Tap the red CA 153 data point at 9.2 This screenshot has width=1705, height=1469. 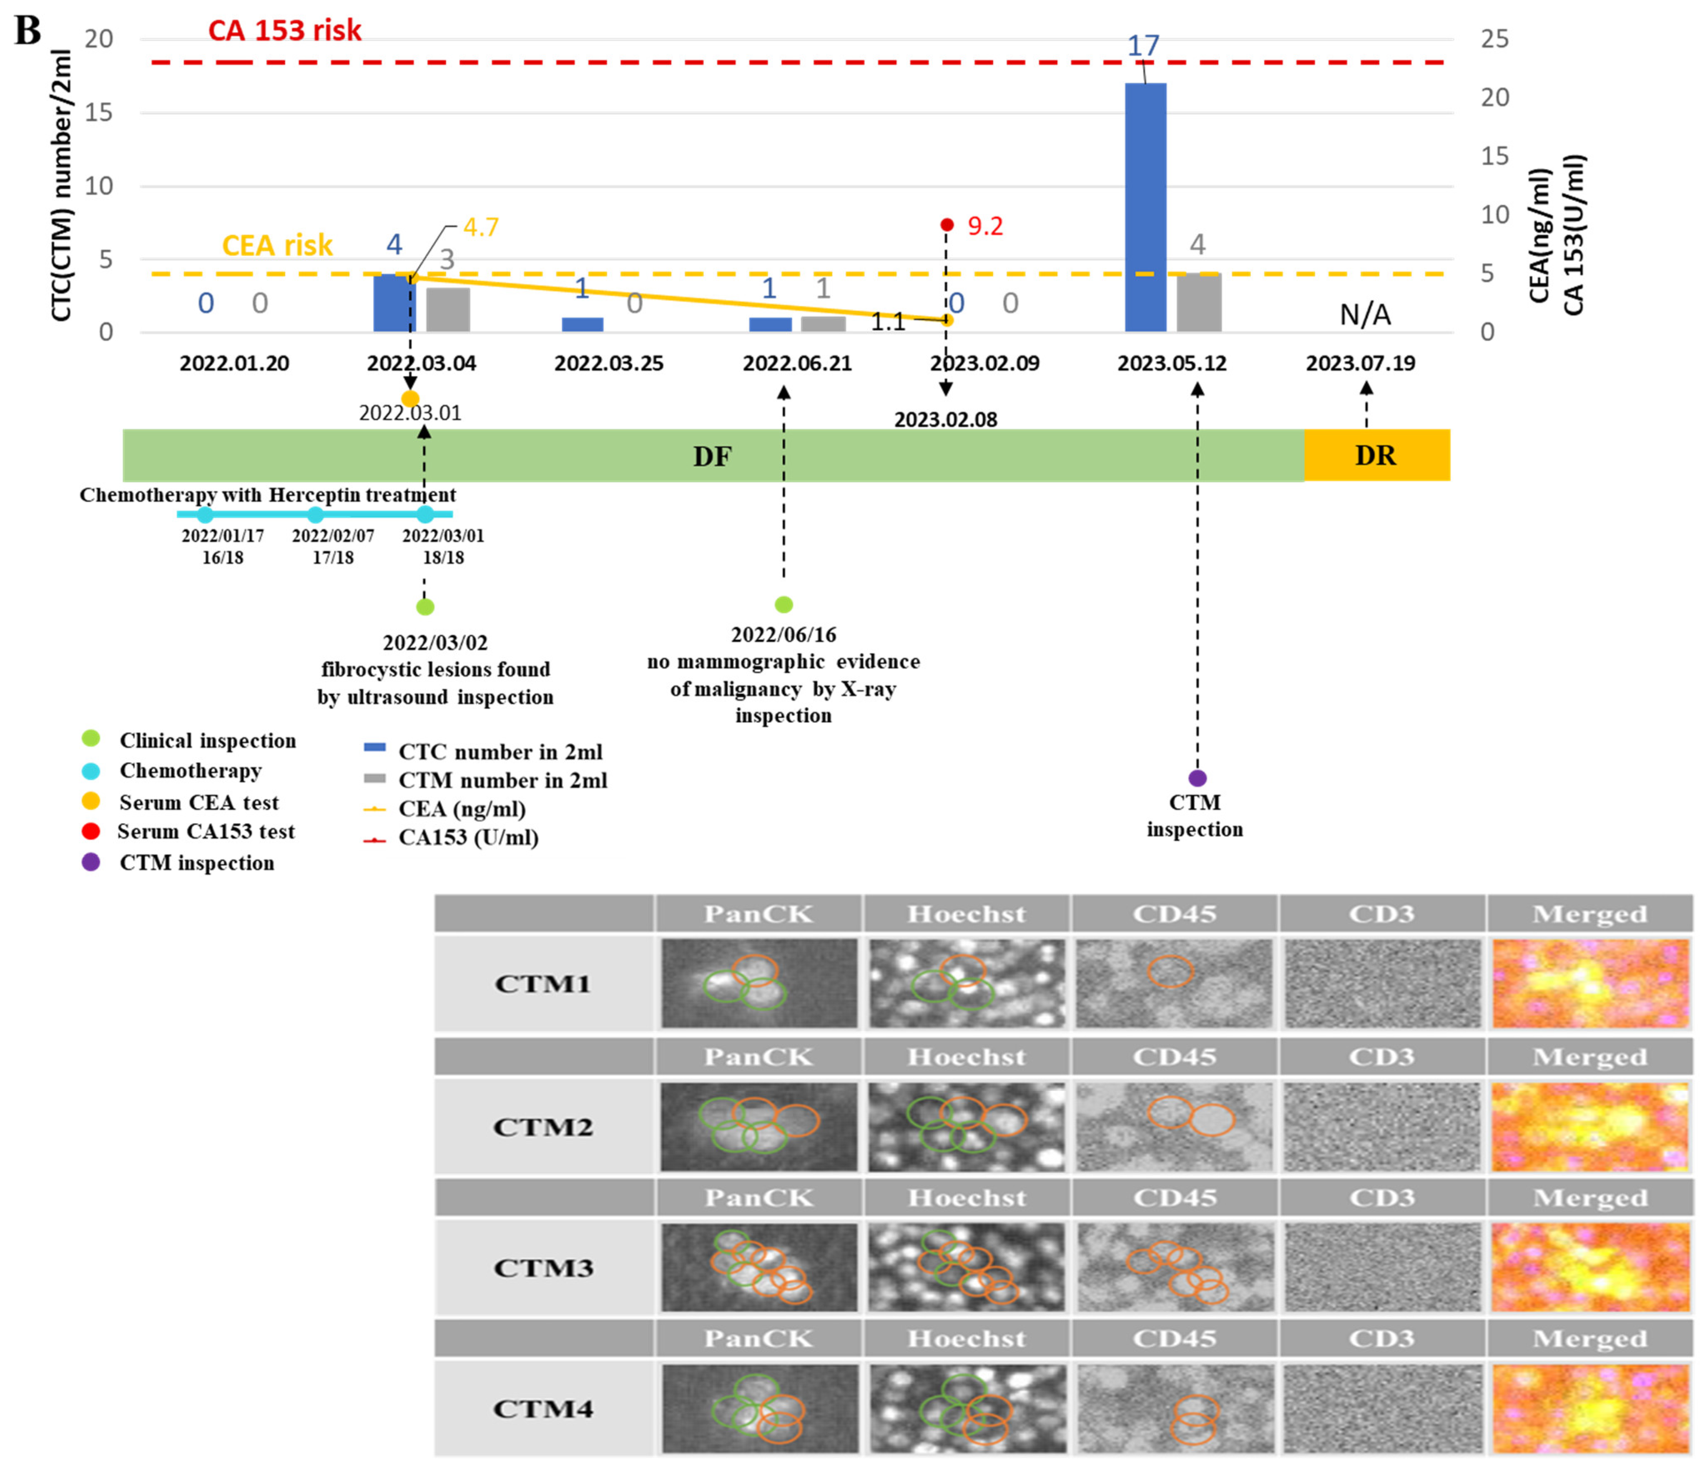(947, 225)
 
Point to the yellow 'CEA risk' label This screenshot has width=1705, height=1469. (277, 245)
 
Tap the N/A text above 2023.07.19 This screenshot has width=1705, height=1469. (1365, 314)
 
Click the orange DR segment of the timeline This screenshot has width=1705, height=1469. (1376, 455)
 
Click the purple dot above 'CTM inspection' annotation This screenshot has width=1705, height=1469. (1197, 778)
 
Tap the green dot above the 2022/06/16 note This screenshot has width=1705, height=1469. (783, 605)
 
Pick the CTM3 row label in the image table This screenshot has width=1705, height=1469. (543, 1268)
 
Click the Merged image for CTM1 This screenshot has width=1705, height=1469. (1590, 984)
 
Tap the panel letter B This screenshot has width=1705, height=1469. (27, 30)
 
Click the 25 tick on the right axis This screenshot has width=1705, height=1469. (1494, 39)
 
